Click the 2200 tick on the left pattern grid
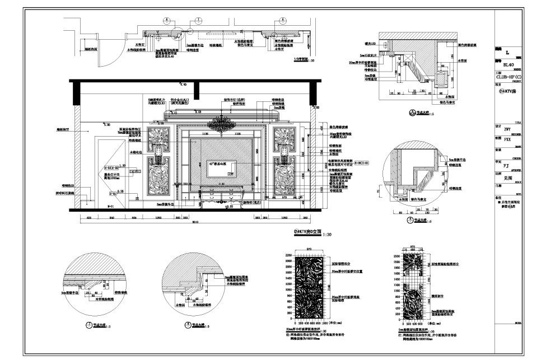click(289, 255)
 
